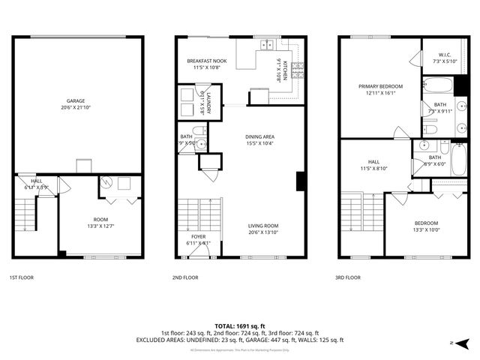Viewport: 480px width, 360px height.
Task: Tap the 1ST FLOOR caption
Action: click(x=21, y=277)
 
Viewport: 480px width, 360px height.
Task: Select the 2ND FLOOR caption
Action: click(x=185, y=277)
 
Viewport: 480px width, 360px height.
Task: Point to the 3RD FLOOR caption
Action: click(x=348, y=277)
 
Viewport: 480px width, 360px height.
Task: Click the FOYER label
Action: click(x=198, y=237)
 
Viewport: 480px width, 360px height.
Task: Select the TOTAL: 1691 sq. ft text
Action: click(x=239, y=326)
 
